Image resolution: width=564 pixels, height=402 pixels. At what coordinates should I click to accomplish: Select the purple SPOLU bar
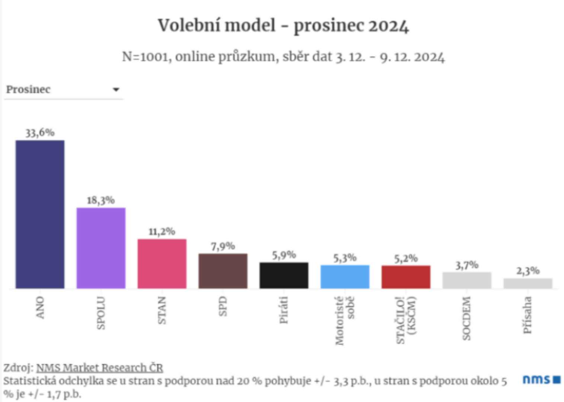(x=101, y=248)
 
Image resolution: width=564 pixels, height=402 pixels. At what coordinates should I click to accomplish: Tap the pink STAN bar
(x=162, y=264)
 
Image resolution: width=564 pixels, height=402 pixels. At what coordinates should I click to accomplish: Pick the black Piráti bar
(x=284, y=275)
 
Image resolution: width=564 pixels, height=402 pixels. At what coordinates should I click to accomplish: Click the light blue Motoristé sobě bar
(x=345, y=277)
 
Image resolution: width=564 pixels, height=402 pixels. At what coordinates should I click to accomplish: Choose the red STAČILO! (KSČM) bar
(x=406, y=277)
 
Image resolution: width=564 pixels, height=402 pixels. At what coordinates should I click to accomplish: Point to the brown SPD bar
(x=223, y=271)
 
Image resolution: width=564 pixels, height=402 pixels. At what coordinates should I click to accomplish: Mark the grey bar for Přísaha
(x=528, y=283)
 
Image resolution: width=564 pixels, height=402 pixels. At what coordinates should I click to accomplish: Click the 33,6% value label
(x=40, y=133)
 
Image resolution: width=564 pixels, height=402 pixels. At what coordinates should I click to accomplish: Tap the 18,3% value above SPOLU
(x=101, y=200)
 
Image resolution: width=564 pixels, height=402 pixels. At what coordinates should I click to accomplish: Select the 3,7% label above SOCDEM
(x=467, y=265)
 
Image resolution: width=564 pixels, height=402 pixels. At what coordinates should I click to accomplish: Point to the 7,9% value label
(x=223, y=246)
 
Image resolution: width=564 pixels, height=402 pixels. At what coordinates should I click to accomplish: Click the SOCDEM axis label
(x=467, y=318)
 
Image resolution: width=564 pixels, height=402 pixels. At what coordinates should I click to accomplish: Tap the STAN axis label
(x=161, y=310)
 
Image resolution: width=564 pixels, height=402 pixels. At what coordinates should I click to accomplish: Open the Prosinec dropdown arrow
(x=116, y=90)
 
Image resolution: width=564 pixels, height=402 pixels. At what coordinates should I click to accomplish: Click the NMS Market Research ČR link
(x=99, y=368)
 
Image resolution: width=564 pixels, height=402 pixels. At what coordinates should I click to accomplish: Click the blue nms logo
(x=541, y=380)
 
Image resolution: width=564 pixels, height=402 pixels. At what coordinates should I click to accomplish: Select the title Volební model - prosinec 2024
(x=283, y=26)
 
